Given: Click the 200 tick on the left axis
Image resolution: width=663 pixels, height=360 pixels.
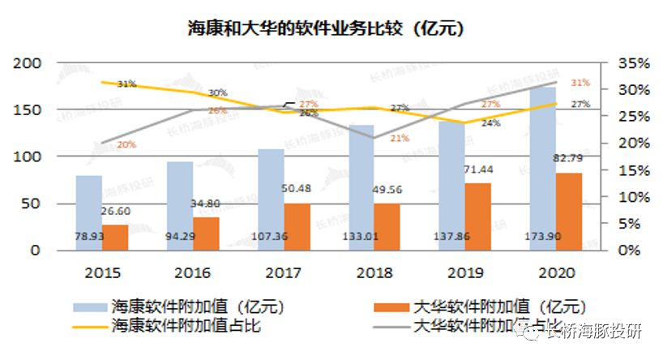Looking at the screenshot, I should pyautogui.click(x=28, y=63).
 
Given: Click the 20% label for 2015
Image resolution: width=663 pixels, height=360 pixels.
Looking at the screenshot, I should pyautogui.click(x=126, y=145).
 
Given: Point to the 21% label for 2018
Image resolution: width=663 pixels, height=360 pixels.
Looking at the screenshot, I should pyautogui.click(x=399, y=139).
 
